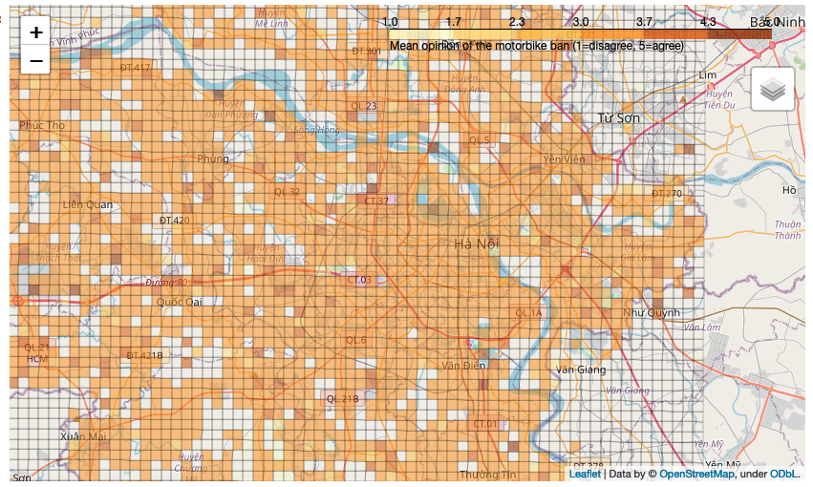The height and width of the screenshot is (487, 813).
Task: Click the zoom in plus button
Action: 35,32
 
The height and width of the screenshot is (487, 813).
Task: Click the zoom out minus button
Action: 35,60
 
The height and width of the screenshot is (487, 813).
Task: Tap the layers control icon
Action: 773,90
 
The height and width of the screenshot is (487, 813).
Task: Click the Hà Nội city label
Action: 477,244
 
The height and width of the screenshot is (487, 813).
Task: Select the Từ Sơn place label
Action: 618,118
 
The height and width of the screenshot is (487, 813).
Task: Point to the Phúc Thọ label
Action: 42,125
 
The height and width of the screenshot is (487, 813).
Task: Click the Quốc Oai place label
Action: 181,302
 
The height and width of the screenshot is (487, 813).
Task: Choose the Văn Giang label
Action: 582,369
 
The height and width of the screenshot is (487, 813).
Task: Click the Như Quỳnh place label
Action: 652,312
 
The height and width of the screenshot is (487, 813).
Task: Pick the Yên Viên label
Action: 564,159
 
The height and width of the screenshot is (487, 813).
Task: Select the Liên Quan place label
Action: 87,204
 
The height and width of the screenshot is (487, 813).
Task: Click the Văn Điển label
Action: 464,365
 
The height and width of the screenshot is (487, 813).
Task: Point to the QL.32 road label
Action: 287,192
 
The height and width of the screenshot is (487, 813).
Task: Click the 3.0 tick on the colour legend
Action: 580,22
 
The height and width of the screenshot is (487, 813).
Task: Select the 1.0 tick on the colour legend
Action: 390,22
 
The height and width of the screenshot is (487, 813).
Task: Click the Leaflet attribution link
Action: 585,474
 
